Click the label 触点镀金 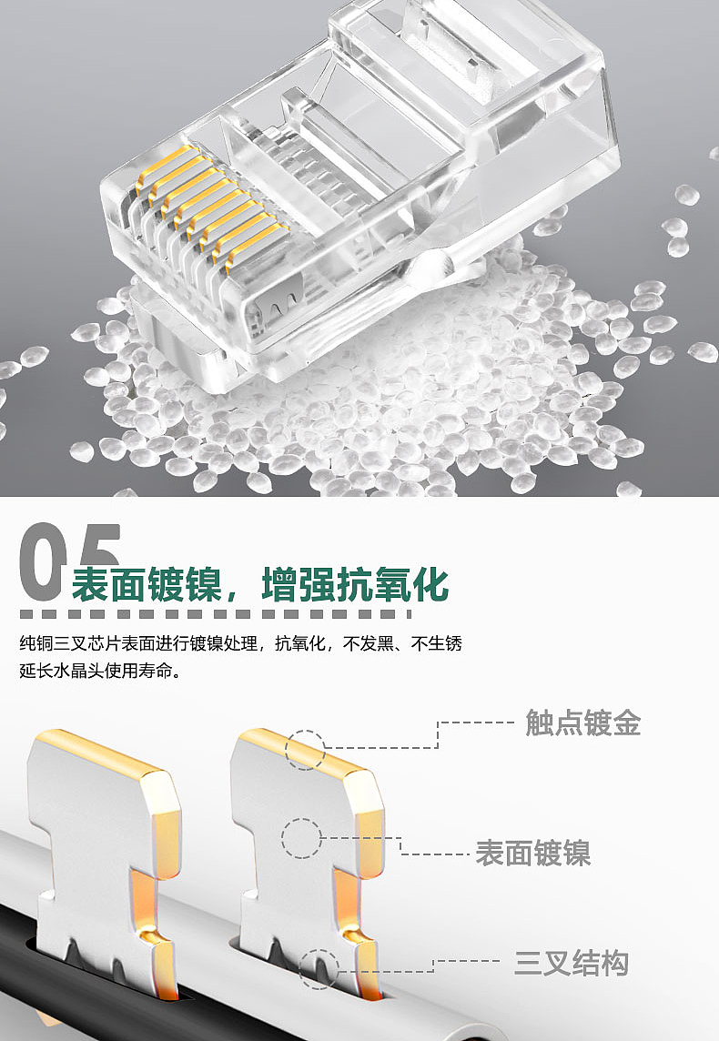(582, 723)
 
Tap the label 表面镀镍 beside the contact (532, 854)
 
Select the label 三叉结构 (571, 964)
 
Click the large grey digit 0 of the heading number (41, 562)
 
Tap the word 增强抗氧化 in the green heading (355, 584)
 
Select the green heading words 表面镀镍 (146, 584)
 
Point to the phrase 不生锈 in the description (436, 643)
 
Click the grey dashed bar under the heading (216, 614)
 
